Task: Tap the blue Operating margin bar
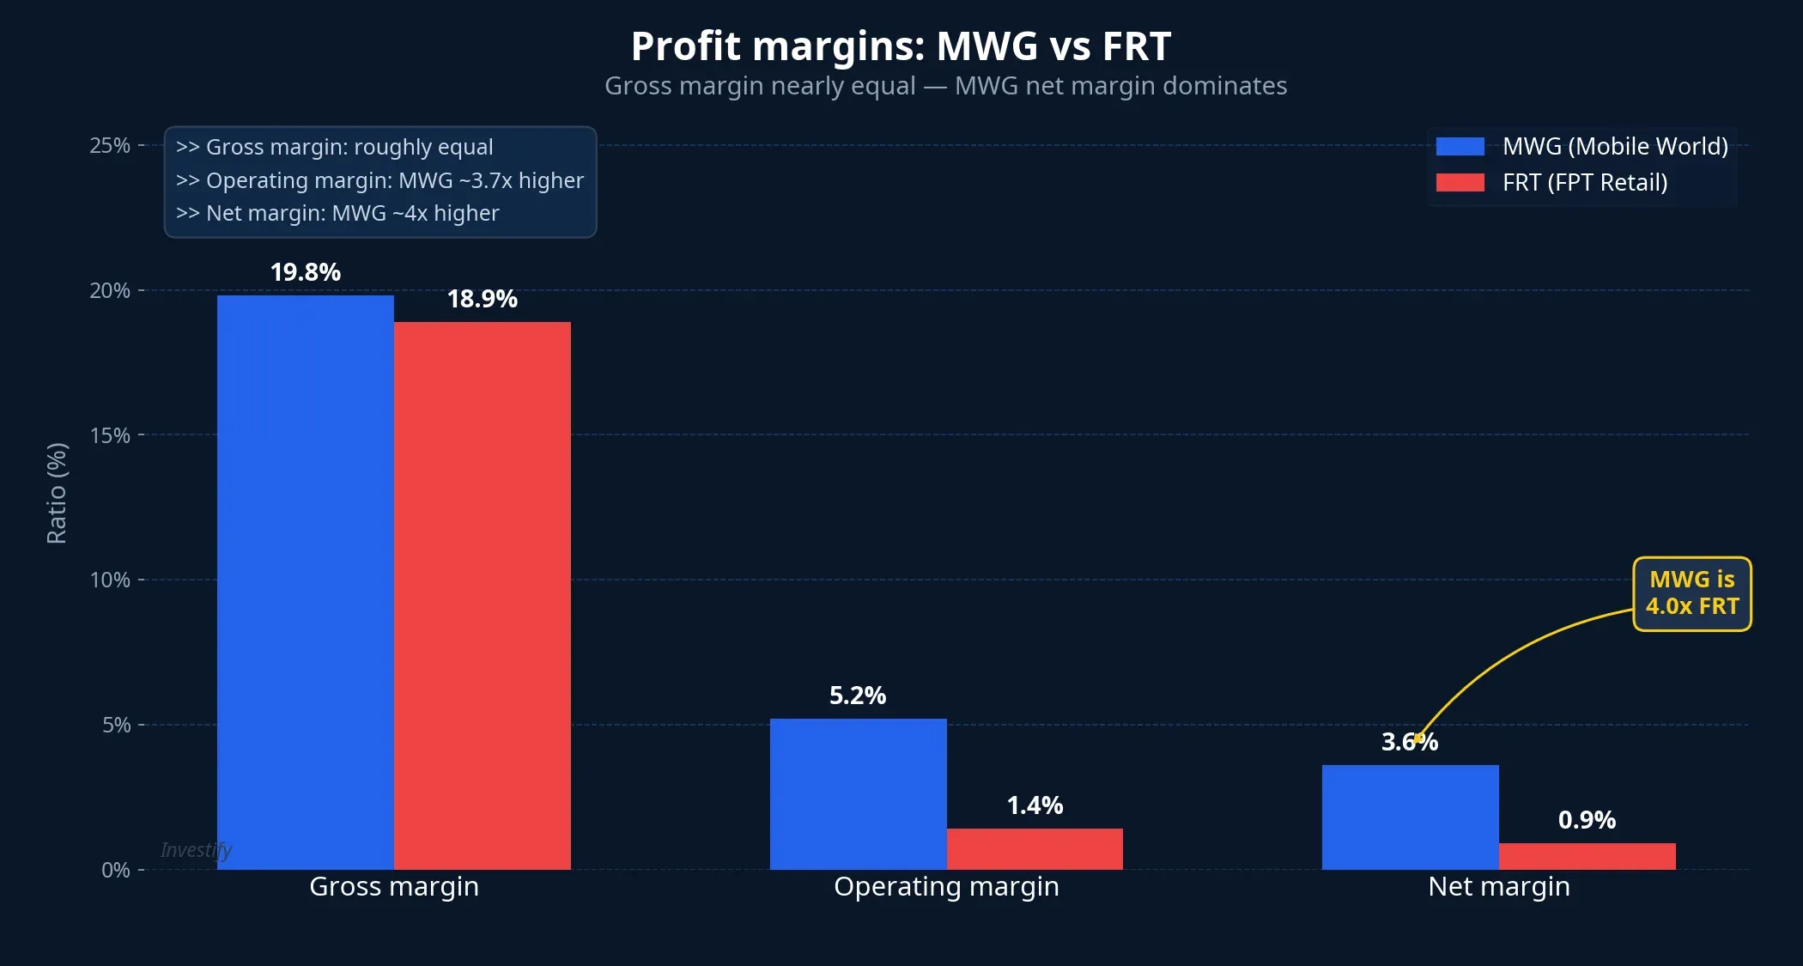tap(858, 793)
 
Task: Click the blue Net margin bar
tap(1410, 817)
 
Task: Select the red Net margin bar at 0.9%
tap(1587, 856)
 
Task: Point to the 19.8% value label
tap(306, 272)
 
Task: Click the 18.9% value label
tap(482, 299)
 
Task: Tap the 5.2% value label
tap(858, 696)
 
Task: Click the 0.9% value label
tap(1587, 820)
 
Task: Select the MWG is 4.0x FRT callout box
tap(1691, 593)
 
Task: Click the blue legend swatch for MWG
tap(1460, 147)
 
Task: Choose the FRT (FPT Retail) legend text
tap(1584, 183)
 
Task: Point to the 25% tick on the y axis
tap(110, 146)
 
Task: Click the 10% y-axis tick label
tap(110, 580)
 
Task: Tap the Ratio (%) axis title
tap(57, 493)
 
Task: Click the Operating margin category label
tap(946, 886)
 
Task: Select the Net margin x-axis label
tap(1498, 886)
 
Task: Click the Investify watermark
tap(196, 850)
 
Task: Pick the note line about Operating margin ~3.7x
tap(379, 180)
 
